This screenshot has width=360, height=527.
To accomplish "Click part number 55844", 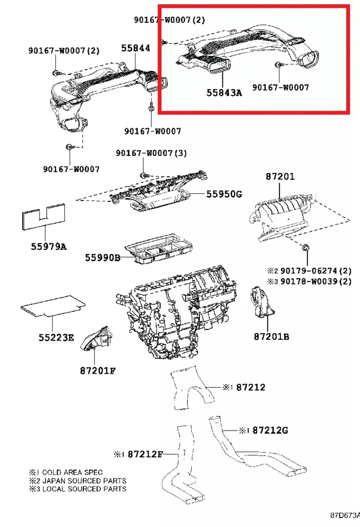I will tap(135, 48).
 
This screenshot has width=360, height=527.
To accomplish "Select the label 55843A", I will tap(224, 93).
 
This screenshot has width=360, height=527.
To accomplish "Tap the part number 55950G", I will tap(223, 194).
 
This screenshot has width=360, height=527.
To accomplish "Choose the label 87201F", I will tap(98, 370).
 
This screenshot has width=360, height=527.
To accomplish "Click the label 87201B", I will tap(271, 336).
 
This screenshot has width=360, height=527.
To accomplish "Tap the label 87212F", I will tap(145, 453).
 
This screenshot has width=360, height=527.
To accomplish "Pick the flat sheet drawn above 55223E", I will tap(53, 305).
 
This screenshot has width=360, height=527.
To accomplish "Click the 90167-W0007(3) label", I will tap(144, 153).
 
